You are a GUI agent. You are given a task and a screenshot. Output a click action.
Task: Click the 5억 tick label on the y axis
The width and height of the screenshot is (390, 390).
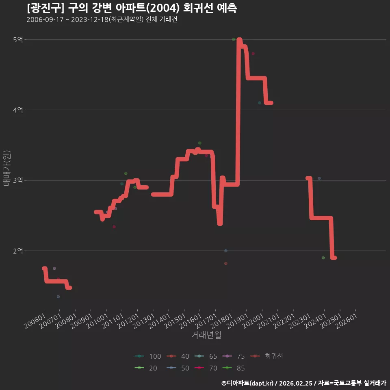pyautogui.click(x=18, y=39)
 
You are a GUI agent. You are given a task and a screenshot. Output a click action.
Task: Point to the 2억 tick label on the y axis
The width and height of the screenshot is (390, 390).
pyautogui.click(x=18, y=251)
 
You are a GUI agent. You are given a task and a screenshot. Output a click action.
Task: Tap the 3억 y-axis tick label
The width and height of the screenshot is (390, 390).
pyautogui.click(x=18, y=180)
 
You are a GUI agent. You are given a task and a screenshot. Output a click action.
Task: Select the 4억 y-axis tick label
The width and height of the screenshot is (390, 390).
pyautogui.click(x=18, y=110)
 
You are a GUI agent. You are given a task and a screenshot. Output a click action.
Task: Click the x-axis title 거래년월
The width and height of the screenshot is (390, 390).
pyautogui.click(x=206, y=335)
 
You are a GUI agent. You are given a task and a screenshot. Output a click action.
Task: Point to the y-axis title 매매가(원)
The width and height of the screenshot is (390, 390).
pyautogui.click(x=7, y=168)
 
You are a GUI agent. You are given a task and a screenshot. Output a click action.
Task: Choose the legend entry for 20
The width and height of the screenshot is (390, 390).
pyautogui.click(x=146, y=368)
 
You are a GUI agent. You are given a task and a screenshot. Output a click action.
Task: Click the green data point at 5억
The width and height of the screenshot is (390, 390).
pyautogui.click(x=234, y=39)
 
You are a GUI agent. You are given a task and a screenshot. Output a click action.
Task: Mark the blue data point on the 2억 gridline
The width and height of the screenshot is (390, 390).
pyautogui.click(x=226, y=251)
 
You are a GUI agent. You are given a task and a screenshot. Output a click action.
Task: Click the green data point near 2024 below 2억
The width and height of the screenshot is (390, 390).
pyautogui.click(x=323, y=258)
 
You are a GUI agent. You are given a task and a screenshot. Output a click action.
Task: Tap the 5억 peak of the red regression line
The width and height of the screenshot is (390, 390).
pyautogui.click(x=239, y=40)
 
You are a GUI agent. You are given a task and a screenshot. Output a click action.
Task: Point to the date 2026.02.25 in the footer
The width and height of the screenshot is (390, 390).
pyautogui.click(x=296, y=383)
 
